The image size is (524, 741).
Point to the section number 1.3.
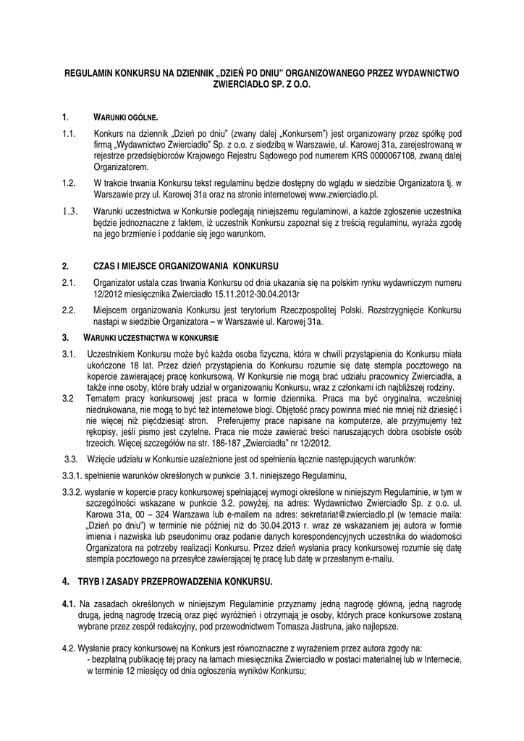click(x=69, y=211)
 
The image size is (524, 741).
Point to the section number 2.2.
click(x=69, y=310)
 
